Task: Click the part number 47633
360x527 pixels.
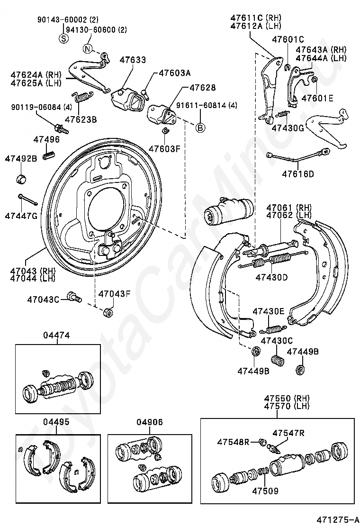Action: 133,60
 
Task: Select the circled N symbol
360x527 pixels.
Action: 88,48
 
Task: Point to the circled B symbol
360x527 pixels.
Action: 200,127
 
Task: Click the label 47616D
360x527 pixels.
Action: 298,174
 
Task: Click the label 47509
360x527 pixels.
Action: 265,491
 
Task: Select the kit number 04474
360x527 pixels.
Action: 56,335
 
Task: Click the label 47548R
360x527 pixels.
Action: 233,442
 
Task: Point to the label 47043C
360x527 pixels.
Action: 43,299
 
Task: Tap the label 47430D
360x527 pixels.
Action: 271,277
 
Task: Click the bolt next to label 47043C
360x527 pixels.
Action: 74,297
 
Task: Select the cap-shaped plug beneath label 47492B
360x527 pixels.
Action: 21,180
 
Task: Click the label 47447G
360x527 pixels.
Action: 21,216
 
